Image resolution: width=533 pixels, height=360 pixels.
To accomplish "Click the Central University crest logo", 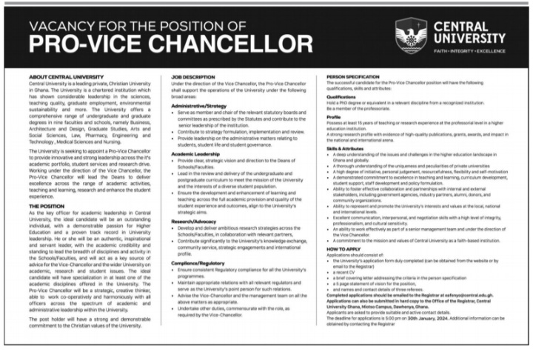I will pyautogui.click(x=411, y=35).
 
